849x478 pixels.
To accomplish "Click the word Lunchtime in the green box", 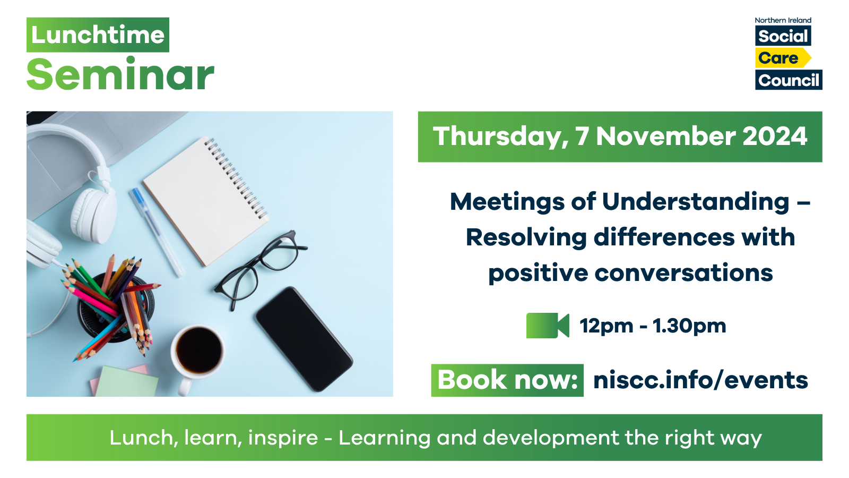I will (98, 35).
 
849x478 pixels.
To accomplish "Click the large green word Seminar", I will (120, 75).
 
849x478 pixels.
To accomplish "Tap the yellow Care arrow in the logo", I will (782, 58).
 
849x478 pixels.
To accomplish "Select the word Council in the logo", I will (789, 80).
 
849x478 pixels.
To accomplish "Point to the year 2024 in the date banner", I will (775, 136).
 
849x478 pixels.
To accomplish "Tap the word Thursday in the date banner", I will (498, 136).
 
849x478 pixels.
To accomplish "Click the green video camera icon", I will (547, 326).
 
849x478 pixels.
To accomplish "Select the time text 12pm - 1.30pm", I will (653, 326).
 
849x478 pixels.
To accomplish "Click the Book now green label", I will (507, 380).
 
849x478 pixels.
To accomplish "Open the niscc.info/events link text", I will (700, 380).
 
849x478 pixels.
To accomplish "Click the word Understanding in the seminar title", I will (696, 202).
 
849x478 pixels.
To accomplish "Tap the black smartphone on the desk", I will (304, 338).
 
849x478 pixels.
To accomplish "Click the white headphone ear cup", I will (94, 212).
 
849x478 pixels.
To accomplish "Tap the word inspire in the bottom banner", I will (283, 438).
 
